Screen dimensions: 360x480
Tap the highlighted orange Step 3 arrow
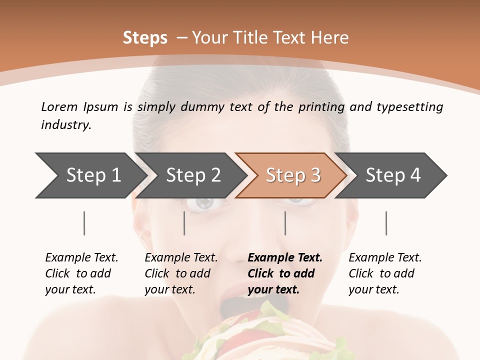pos(292,175)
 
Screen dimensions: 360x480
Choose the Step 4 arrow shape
pos(392,175)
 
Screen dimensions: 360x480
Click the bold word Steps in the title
pos(145,38)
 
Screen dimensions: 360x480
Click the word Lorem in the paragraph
pos(59,107)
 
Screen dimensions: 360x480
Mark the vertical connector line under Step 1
pos(84,223)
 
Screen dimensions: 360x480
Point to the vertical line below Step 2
pos(184,223)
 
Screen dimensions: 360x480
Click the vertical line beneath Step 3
pos(285,223)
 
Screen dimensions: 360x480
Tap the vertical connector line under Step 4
pos(386,223)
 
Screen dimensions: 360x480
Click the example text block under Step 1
pos(81,273)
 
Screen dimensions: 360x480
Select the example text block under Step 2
pos(181,273)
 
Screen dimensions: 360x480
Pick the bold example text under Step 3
pos(285,273)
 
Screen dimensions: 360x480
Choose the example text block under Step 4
pos(385,273)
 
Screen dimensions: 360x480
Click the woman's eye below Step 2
pos(204,203)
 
